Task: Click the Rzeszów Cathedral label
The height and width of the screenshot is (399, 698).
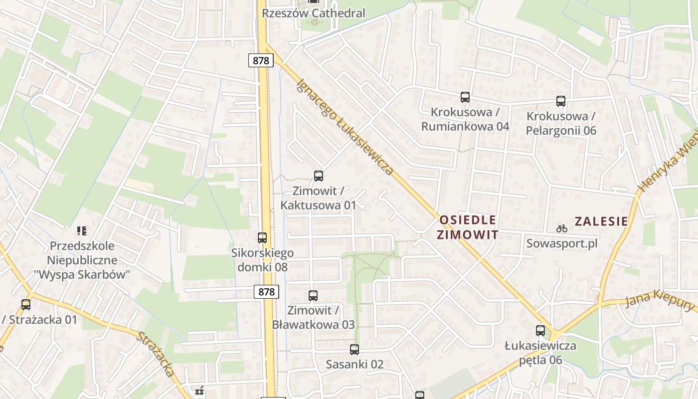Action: (314, 13)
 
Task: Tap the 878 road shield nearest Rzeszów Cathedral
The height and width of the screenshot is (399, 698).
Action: (261, 61)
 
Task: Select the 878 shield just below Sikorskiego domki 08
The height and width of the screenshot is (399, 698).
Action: (267, 292)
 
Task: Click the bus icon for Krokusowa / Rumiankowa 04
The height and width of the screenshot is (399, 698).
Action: (465, 97)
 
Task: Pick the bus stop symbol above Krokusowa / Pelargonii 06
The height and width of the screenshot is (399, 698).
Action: (561, 101)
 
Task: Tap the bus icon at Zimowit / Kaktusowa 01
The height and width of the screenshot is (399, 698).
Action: (319, 176)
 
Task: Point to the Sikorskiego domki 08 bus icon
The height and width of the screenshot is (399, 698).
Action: (262, 238)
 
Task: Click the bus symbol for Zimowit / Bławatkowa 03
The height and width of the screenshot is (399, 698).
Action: (313, 296)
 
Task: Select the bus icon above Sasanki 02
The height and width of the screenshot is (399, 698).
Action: (354, 350)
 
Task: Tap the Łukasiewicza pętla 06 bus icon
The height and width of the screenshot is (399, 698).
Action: (540, 330)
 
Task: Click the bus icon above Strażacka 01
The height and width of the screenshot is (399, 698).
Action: (26, 304)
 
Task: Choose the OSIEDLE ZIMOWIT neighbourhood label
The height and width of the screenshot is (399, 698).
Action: (467, 227)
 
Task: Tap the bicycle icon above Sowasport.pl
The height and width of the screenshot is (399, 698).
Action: (562, 229)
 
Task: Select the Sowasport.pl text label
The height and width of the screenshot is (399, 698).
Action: (562, 244)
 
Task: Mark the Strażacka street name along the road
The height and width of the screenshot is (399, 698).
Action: (156, 355)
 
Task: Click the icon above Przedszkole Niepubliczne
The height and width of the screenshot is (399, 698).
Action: (82, 230)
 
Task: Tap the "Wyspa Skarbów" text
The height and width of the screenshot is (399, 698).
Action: (82, 274)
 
